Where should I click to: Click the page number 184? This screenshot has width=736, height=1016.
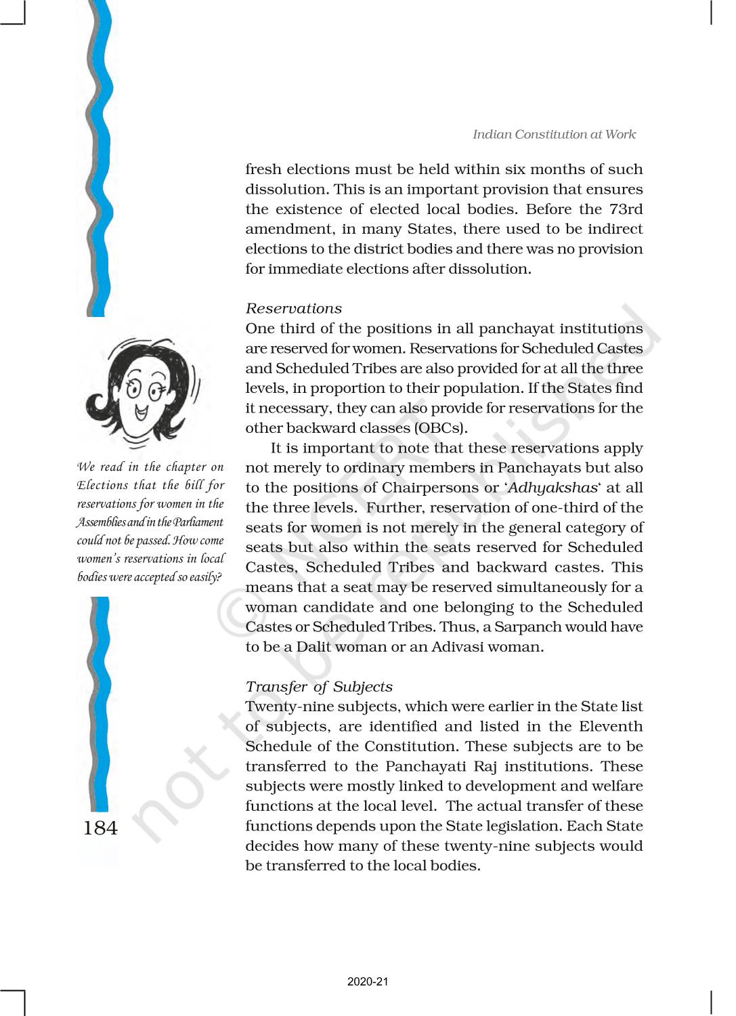pos(100,828)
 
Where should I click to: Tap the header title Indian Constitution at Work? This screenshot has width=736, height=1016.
pos(554,134)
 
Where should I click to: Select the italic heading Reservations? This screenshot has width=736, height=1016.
pos(293,309)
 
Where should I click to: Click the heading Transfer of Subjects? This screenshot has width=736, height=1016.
pos(318,687)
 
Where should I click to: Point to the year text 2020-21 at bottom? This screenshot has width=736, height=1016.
pos(368,981)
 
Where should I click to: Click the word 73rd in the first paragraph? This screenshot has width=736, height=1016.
pos(626,209)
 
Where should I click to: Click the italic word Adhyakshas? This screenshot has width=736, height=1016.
pos(553,488)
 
